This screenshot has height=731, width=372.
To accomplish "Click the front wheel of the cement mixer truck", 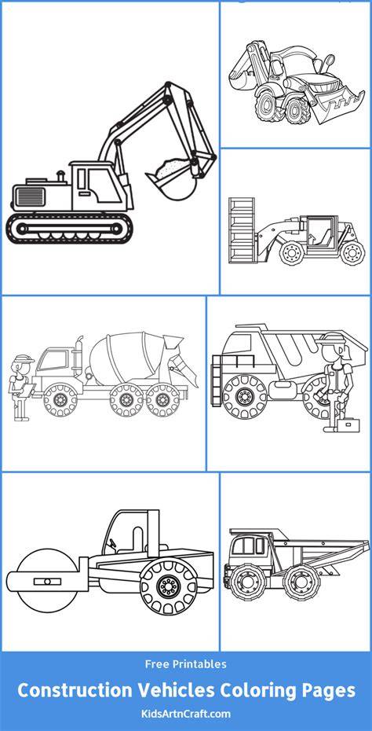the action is coord(60,399).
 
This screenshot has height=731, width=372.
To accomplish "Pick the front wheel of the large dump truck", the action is coord(244,396).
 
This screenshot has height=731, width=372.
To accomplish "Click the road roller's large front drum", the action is coord(46,582).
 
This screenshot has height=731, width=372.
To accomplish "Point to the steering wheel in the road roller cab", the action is coord(111,542).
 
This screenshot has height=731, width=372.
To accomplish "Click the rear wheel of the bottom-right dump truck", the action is coord(301,582).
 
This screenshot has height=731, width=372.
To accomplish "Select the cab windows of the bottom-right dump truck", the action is coord(249,545).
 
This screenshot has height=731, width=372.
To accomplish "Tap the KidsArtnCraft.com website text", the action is coord(185,714).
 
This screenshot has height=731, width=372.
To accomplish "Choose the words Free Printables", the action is coord(186,664).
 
